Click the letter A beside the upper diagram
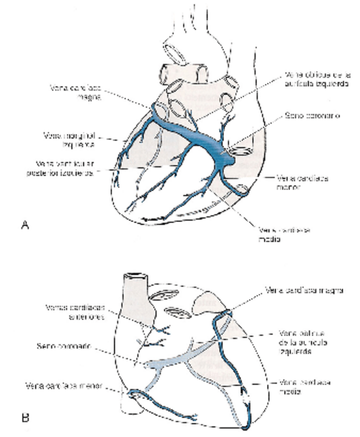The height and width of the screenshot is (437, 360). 24,224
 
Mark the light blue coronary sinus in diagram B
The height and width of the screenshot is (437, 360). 165,364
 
